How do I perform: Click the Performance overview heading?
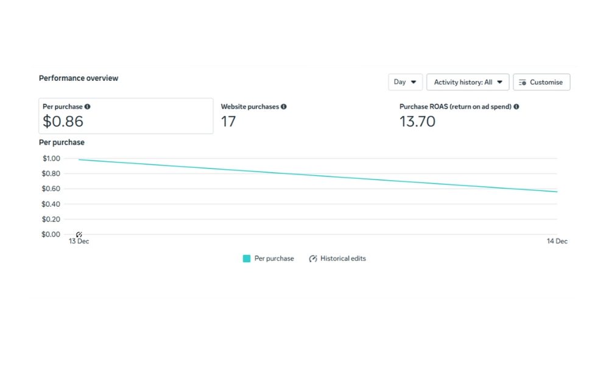pos(79,78)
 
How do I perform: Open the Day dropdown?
pos(405,82)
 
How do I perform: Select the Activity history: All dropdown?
pos(468,82)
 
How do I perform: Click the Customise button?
pos(541,82)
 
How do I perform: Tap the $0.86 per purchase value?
pos(63,122)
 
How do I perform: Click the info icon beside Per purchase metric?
pos(88,106)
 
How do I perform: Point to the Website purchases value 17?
pos(228,122)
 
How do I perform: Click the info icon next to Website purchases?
pos(284,106)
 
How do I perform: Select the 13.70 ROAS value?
pos(417,122)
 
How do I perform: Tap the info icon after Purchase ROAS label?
pos(516,106)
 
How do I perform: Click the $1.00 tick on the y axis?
pos(51,159)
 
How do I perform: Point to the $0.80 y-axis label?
pos(51,174)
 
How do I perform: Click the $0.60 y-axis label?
pos(51,189)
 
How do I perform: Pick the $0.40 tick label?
pos(51,204)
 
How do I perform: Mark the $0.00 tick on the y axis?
pos(51,234)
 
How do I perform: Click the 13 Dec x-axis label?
pos(79,242)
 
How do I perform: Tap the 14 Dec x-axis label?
pos(557,242)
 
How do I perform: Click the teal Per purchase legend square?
pos(247,259)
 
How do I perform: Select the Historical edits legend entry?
pos(337,259)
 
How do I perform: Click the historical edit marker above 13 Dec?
pos(79,234)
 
